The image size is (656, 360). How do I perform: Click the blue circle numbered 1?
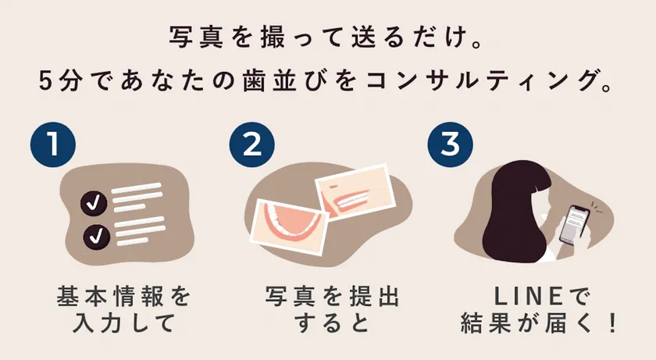(x=53, y=144)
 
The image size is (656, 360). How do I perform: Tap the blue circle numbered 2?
(x=251, y=144)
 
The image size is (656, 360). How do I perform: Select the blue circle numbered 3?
(x=450, y=144)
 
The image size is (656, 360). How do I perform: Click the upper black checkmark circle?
(x=94, y=204)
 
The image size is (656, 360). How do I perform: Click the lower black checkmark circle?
(x=97, y=237)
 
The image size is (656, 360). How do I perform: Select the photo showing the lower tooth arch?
(x=290, y=226)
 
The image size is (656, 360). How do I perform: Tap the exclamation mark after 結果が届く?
(x=613, y=323)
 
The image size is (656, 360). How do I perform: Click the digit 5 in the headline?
(x=45, y=80)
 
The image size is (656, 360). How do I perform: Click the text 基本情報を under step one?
(x=124, y=297)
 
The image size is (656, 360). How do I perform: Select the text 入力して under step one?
(x=124, y=323)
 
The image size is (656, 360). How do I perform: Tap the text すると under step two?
(x=332, y=323)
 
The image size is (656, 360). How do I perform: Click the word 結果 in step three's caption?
(x=487, y=323)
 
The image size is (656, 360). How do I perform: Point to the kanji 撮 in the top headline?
(x=273, y=37)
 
